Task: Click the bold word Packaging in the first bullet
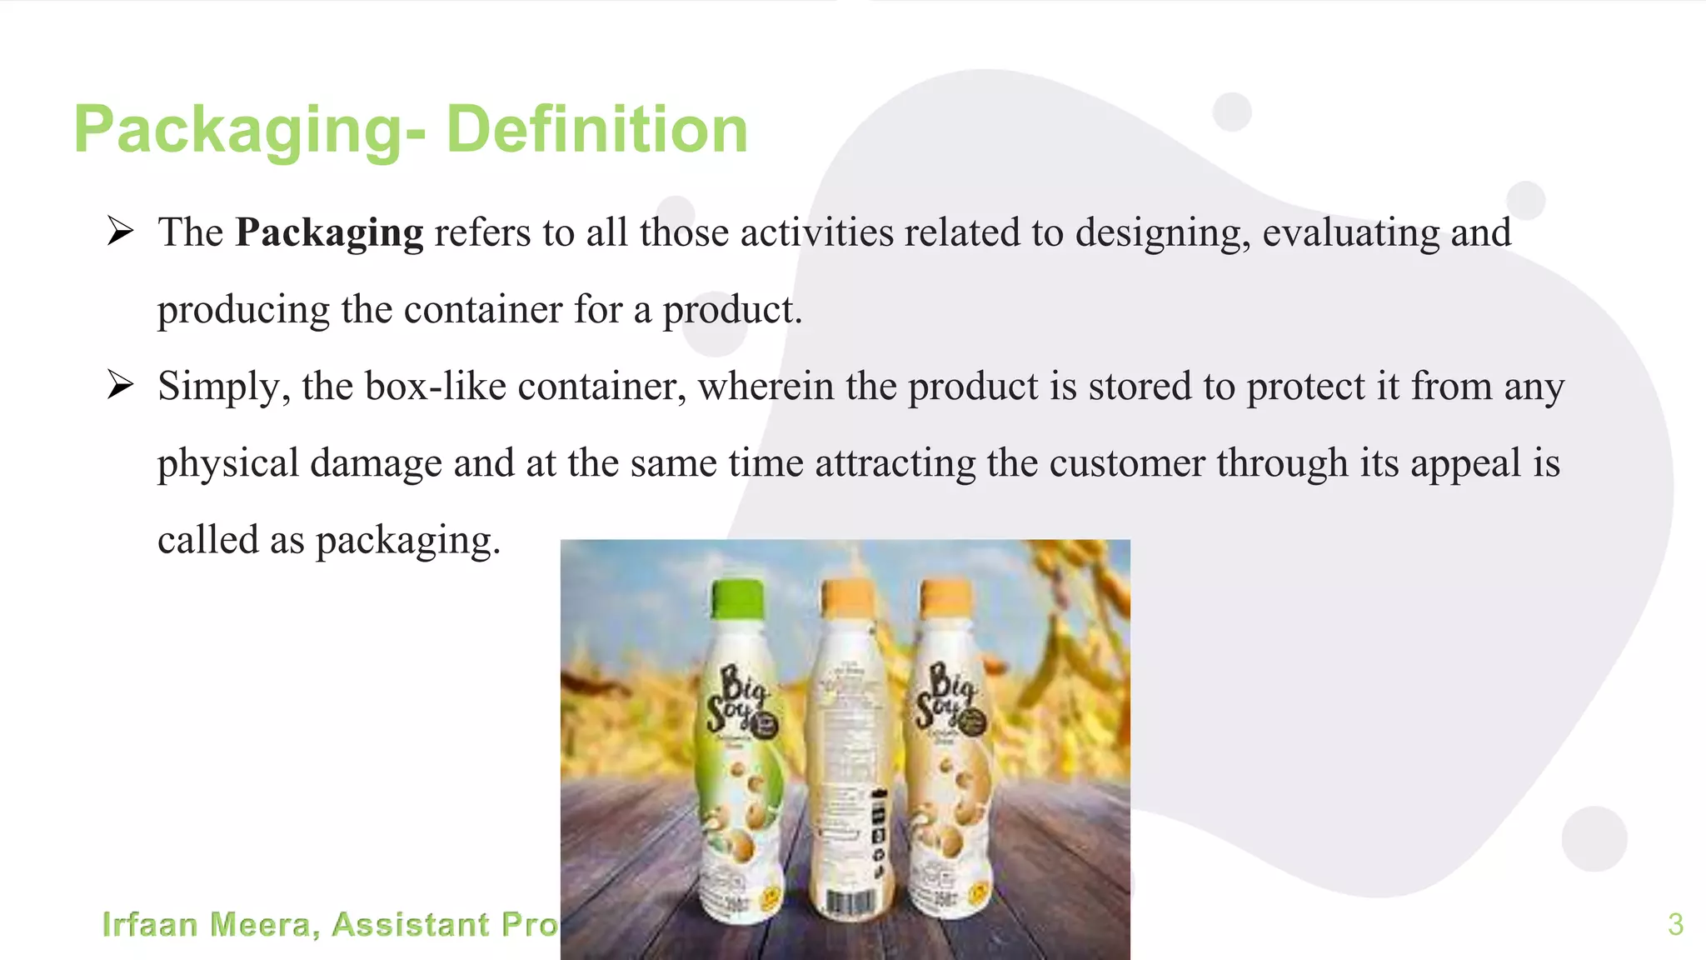(329, 232)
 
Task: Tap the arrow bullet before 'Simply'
(120, 385)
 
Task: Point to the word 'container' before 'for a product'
(483, 310)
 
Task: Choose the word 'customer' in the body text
(1126, 463)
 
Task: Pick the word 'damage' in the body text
(376, 463)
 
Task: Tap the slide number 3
(1675, 924)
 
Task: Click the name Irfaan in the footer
(150, 925)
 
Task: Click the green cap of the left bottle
(737, 597)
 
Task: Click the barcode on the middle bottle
(850, 902)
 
